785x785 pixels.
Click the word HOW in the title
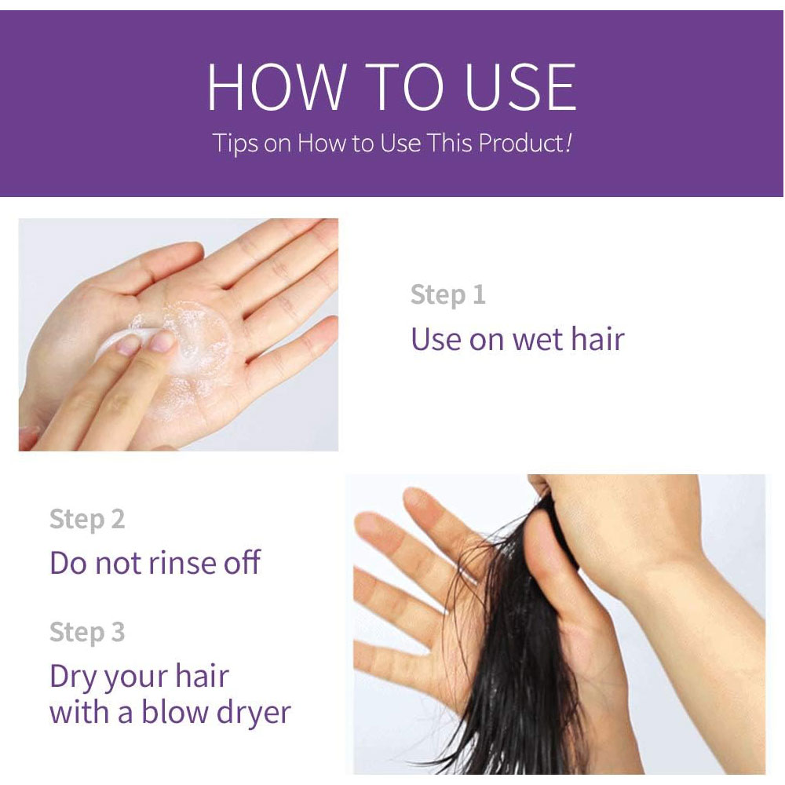276,86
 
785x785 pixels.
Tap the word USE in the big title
520,86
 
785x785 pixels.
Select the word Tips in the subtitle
235,144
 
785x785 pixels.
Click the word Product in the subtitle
521,143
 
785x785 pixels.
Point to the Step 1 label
447,295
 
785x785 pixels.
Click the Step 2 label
87,519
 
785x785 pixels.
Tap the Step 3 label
87,632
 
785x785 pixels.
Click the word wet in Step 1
537,340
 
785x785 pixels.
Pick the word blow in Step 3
173,712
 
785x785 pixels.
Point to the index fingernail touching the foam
162,341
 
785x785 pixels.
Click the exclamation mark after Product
568,142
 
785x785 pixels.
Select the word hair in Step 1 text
597,338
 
